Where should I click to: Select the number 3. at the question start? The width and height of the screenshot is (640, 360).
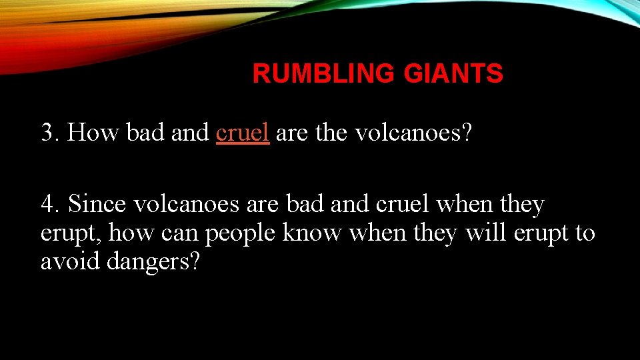(x=50, y=133)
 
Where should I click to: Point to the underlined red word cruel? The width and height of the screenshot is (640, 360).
(x=243, y=133)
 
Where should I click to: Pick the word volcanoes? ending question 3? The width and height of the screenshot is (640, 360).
(x=413, y=133)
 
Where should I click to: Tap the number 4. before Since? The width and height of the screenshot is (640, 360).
(x=50, y=204)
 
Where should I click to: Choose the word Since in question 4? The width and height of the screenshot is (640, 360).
(x=97, y=204)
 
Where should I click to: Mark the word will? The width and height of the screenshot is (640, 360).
(x=486, y=233)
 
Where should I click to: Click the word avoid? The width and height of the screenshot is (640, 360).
(x=69, y=261)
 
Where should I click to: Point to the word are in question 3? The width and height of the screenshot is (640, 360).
(x=291, y=133)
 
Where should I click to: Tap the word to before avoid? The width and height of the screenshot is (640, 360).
(x=585, y=233)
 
